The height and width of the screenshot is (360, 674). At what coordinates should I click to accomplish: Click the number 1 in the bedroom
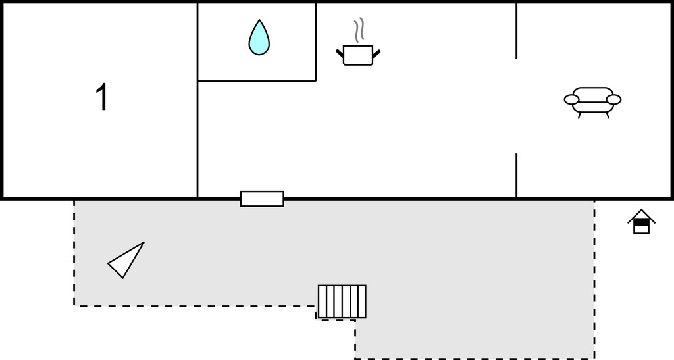click(102, 97)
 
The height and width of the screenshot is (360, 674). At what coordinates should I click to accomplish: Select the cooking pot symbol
click(358, 55)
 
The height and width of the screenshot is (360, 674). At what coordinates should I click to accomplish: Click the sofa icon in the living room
click(592, 101)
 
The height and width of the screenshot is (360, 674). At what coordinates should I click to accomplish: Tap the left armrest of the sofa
click(571, 99)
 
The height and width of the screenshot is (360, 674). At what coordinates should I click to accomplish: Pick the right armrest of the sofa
click(613, 99)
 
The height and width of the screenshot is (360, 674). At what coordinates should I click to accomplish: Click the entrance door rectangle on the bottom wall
click(262, 199)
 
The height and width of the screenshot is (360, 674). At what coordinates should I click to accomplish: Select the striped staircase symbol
click(342, 301)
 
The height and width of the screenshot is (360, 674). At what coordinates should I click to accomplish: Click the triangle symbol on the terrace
click(128, 260)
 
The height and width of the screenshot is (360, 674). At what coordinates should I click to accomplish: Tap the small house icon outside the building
click(641, 222)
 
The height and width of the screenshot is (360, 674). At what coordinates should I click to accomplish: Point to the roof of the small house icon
click(641, 215)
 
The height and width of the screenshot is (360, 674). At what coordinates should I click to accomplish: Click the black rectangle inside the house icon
click(641, 222)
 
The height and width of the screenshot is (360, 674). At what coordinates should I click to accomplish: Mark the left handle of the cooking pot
click(340, 53)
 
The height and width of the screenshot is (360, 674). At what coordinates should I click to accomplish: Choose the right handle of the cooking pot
click(376, 53)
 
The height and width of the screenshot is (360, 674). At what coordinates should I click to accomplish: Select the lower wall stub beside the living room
click(516, 175)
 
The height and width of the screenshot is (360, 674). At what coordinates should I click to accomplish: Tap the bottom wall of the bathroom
click(257, 81)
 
